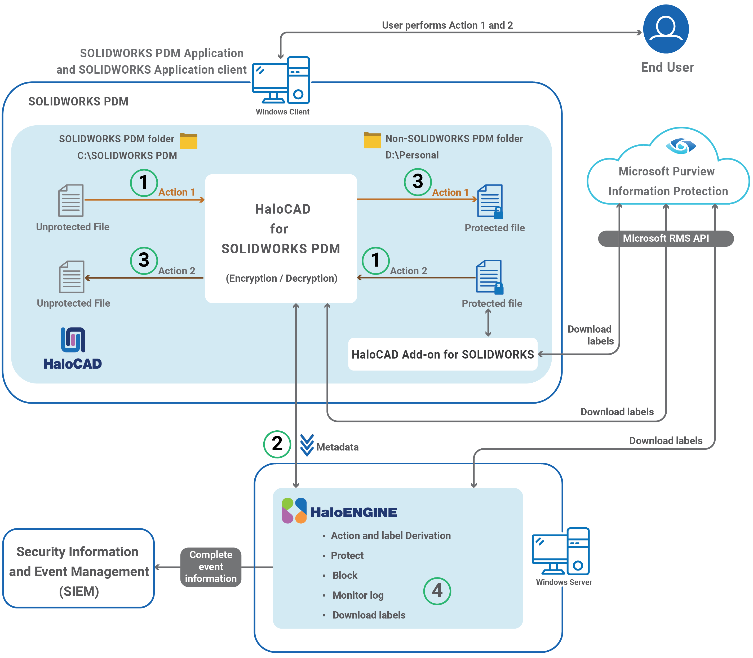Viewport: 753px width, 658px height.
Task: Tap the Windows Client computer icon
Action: click(281, 80)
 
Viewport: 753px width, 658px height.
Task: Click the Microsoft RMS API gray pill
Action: click(665, 238)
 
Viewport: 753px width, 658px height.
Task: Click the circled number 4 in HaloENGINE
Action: click(437, 591)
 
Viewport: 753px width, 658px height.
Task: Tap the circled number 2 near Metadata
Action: click(277, 444)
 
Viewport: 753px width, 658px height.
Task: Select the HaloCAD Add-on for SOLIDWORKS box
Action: click(442, 354)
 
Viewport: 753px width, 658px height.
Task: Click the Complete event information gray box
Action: click(211, 567)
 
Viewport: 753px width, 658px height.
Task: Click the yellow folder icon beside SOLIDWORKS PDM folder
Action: click(188, 141)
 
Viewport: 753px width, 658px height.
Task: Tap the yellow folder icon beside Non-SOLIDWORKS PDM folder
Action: click(372, 140)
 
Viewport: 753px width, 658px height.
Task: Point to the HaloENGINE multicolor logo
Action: click(294, 510)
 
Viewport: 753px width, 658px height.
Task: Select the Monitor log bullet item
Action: click(358, 595)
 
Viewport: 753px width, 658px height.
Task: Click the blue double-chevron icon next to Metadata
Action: click(307, 445)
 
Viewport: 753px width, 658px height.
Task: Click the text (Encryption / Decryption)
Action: click(281, 278)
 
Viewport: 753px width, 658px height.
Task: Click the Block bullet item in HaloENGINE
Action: click(344, 575)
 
